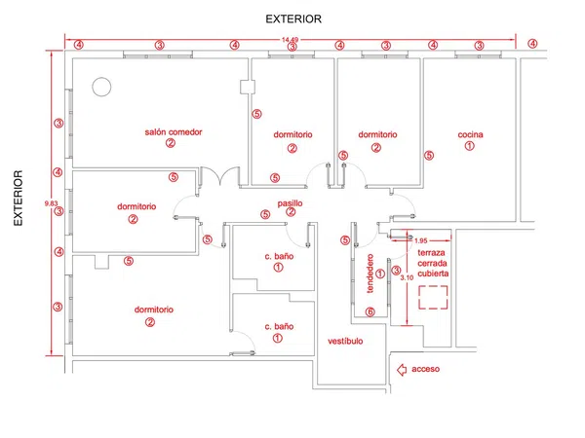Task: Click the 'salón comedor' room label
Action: [174, 131]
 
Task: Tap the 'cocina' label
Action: [471, 134]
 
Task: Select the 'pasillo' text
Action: [290, 203]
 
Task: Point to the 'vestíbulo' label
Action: [345, 342]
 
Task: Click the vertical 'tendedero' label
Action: [370, 274]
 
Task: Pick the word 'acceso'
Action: [426, 369]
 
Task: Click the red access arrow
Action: [402, 370]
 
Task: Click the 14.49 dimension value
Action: [290, 40]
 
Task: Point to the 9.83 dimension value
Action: [51, 203]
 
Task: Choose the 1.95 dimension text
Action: [421, 241]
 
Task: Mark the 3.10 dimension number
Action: [407, 277]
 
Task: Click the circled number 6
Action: [370, 311]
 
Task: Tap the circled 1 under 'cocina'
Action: [469, 146]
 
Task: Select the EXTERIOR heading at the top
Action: [293, 19]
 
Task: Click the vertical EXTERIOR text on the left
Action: [19, 199]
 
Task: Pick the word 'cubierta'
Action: [433, 274]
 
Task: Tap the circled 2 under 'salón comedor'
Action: [171, 143]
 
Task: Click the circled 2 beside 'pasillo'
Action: [291, 212]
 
